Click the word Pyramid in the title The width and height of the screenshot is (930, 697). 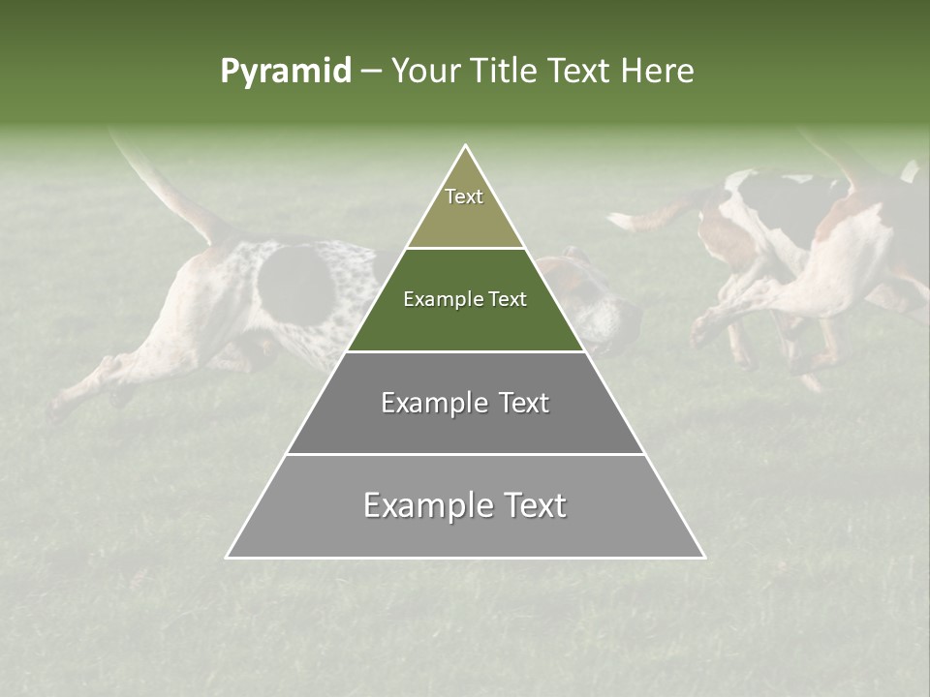(286, 72)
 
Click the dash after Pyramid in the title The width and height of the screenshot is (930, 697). (371, 73)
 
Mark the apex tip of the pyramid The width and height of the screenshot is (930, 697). (465, 147)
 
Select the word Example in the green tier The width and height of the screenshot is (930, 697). (436, 300)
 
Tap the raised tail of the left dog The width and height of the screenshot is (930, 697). (165, 189)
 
